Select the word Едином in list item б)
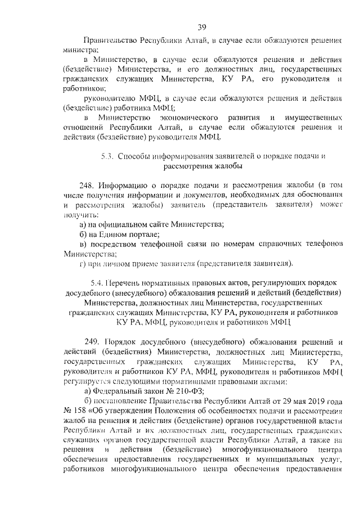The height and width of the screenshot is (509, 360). pos(112,234)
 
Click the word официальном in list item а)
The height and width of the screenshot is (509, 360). pos(123,224)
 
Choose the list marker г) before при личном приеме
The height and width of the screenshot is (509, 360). pos(83,263)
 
